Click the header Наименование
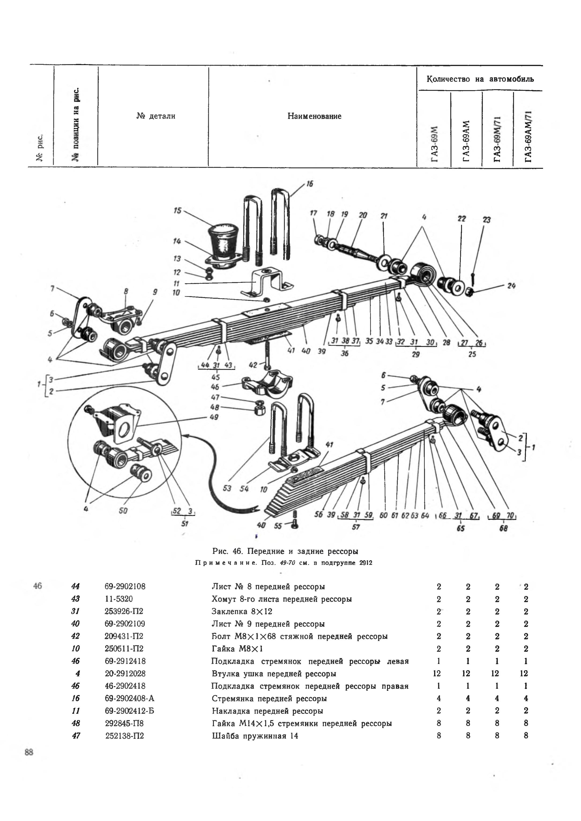tap(314, 116)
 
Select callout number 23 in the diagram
tap(487, 220)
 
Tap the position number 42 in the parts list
tap(75, 636)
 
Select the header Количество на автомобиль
tap(480, 79)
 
